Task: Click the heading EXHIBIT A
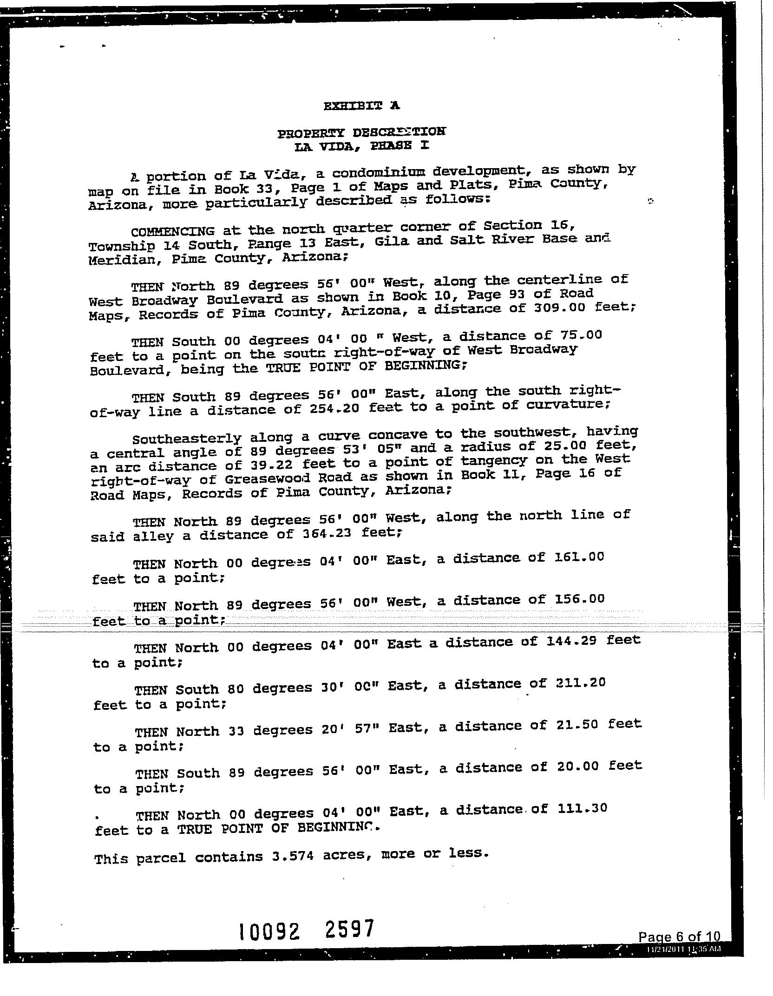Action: click(x=361, y=106)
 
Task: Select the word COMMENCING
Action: click(x=173, y=231)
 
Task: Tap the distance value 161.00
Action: click(x=579, y=557)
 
